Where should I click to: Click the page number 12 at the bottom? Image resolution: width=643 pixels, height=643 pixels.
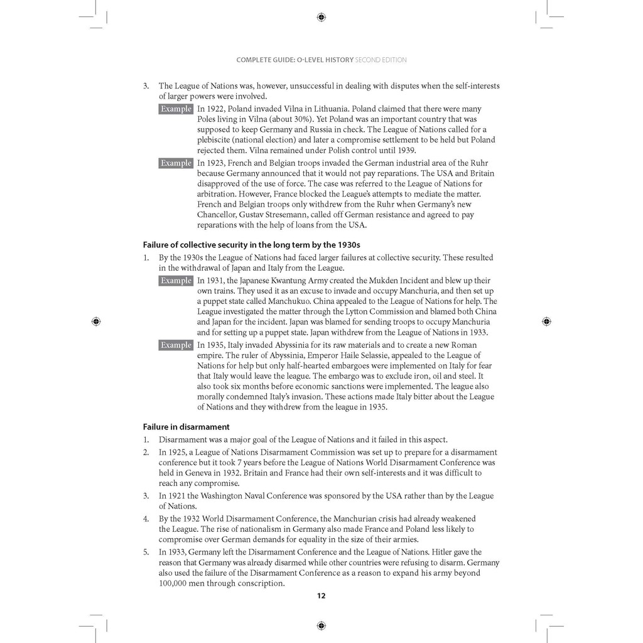pos(321,596)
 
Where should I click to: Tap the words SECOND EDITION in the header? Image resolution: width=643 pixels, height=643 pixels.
pos(381,60)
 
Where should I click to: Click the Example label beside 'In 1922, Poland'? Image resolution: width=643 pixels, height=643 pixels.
pos(176,109)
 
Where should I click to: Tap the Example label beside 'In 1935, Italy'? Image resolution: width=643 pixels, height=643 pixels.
pos(176,345)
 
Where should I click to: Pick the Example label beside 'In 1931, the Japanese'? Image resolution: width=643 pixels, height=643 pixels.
pos(176,281)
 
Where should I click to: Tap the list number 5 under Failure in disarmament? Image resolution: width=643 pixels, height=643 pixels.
pos(146,552)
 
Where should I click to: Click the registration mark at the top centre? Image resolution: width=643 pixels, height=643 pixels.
pos(321,17)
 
